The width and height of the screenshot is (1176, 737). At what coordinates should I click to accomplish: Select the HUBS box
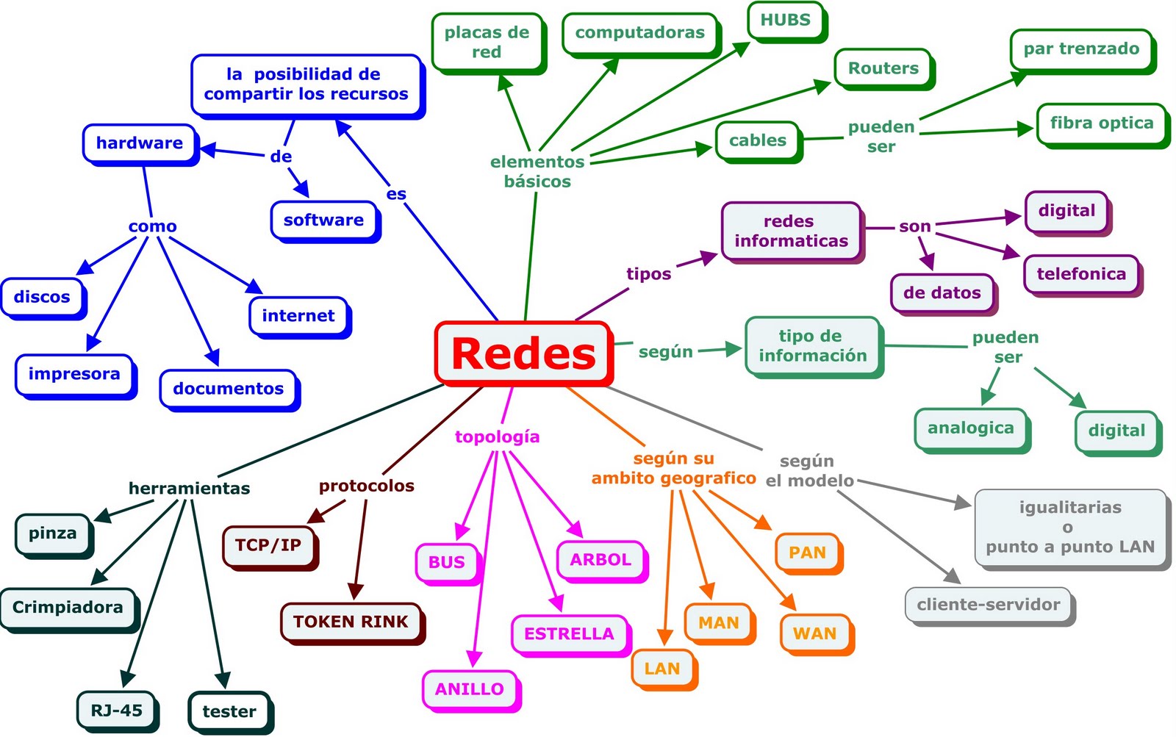pos(786,21)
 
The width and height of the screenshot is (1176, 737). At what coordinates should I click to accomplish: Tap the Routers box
pos(883,68)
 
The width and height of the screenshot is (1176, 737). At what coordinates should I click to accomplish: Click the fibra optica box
pos(1101,123)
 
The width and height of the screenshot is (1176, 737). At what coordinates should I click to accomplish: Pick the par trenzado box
pos(1081,49)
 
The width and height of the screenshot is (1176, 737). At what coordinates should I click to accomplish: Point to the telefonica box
pos(1081,274)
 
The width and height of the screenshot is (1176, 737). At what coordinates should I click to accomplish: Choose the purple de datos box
pos(942,292)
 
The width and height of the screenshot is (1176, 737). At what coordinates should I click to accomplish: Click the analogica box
pos(970,428)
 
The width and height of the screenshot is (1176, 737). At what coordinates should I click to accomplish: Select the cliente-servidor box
pos(989,605)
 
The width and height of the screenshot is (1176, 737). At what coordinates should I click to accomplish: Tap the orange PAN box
pos(807,553)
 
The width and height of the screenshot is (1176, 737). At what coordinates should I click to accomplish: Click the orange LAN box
pos(661,669)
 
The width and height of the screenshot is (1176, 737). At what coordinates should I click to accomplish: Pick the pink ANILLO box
pos(469,689)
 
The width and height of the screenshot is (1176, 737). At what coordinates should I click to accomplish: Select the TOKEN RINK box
pos(351,622)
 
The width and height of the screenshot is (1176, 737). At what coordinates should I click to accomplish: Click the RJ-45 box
pos(116,710)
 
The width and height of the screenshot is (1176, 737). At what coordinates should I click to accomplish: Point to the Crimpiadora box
pos(68,608)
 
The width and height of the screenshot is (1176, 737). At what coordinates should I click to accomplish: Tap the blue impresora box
pos(74,374)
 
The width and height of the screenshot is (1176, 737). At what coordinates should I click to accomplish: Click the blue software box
pos(323,220)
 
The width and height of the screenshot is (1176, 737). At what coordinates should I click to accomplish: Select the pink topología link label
pos(498,437)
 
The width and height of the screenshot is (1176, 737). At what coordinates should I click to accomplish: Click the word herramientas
pos(190,488)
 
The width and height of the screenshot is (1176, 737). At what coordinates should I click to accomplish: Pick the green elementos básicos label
pos(537,171)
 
